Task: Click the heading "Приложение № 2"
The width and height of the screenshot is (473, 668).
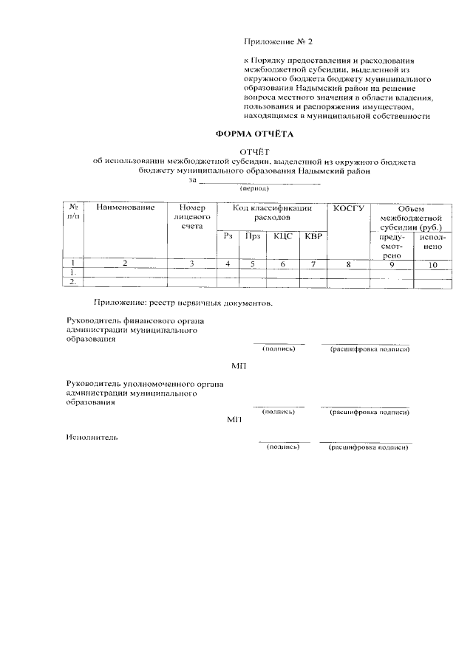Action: (x=283, y=44)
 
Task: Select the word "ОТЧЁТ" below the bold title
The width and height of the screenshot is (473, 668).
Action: (x=254, y=151)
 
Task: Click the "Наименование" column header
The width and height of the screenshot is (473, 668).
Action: (x=126, y=208)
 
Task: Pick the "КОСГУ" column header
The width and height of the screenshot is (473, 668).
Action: (x=349, y=208)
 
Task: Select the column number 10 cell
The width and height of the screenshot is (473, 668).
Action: (x=432, y=264)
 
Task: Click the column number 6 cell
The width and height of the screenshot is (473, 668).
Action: (x=282, y=264)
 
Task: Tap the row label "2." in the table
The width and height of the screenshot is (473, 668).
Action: (x=73, y=281)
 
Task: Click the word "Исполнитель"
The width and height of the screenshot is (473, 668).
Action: (x=92, y=437)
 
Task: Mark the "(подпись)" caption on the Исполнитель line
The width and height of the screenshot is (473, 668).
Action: (x=282, y=447)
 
